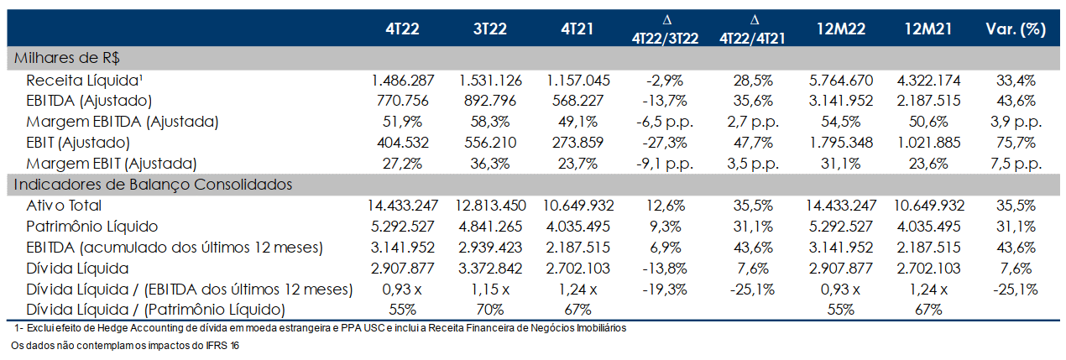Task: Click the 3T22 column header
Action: click(x=490, y=29)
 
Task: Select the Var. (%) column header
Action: click(x=1016, y=29)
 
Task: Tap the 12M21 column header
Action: click(x=928, y=29)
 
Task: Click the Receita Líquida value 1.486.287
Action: click(x=403, y=81)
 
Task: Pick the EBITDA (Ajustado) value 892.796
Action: click(x=490, y=101)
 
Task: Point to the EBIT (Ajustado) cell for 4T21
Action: click(x=577, y=143)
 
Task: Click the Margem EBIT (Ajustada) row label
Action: click(x=112, y=164)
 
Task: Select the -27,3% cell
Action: click(x=665, y=143)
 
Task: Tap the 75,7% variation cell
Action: click(x=1016, y=143)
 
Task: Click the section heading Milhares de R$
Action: click(x=66, y=58)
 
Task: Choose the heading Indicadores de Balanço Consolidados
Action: click(x=153, y=185)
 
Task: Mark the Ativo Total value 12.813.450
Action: click(x=490, y=206)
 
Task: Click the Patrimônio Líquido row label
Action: click(x=91, y=227)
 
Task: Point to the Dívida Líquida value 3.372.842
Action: click(x=490, y=269)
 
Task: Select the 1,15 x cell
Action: click(x=490, y=290)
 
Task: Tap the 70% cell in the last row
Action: click(x=490, y=310)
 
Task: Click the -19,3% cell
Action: click(x=665, y=290)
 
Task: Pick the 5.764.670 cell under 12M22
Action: click(x=841, y=81)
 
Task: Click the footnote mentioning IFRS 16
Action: click(x=125, y=346)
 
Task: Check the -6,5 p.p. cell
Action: click(x=665, y=122)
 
